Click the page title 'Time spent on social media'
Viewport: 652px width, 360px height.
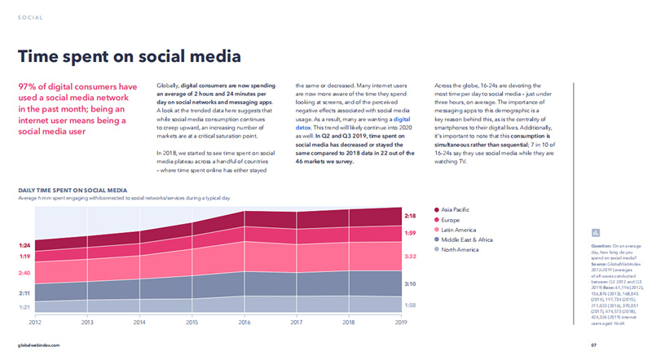coord(130,56)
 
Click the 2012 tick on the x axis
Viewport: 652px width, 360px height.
coord(35,323)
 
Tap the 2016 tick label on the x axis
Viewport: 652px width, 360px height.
coord(243,323)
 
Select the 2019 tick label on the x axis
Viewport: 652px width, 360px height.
coord(399,323)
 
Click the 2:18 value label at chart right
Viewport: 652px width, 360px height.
coord(411,216)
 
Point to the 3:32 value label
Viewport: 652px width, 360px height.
coord(411,257)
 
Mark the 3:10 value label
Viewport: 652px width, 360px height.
coord(411,285)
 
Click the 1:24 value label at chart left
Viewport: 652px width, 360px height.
coord(24,222)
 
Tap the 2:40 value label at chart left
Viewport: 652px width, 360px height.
coord(24,251)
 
